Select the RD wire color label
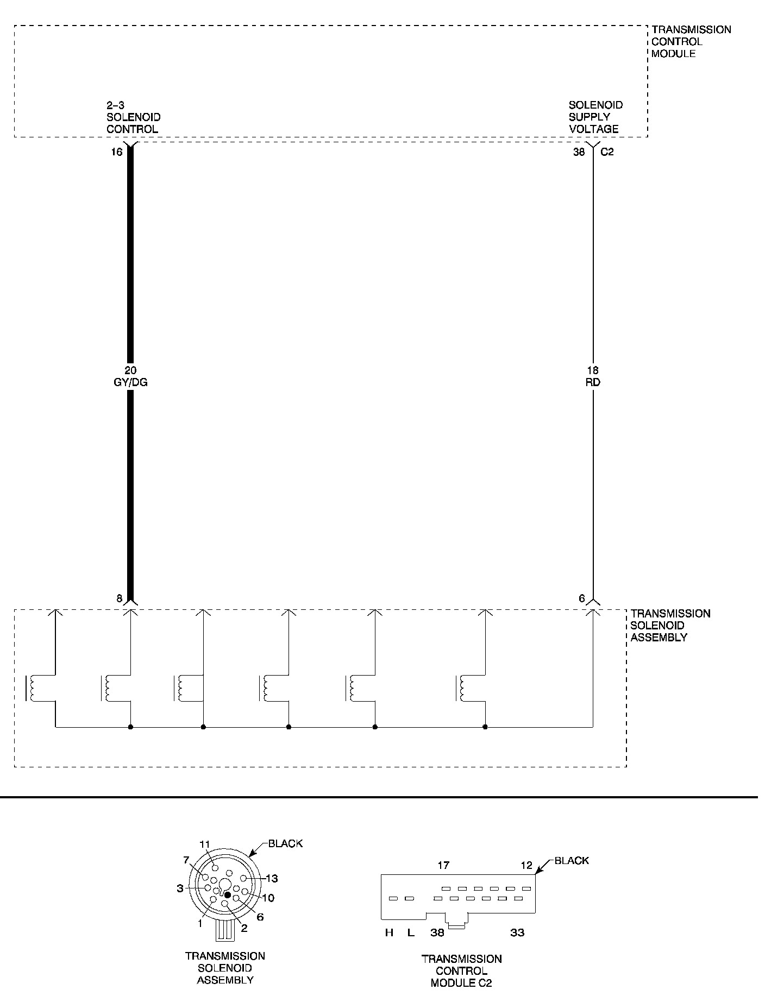[x=593, y=382]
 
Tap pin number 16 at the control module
[x=117, y=152]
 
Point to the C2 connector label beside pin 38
[x=607, y=152]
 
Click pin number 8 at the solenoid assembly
[x=119, y=599]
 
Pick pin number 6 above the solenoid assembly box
[x=582, y=599]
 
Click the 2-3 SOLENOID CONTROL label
[x=133, y=117]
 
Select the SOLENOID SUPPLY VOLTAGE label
[x=595, y=117]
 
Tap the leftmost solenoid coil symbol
[x=31, y=689]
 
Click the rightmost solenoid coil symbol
[x=461, y=689]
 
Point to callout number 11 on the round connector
[x=204, y=844]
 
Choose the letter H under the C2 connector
[x=389, y=933]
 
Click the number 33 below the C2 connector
[x=517, y=933]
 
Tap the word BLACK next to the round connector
[x=285, y=844]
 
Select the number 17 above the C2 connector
[x=443, y=866]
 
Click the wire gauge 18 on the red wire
[x=593, y=371]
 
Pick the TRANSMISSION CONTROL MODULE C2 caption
[x=461, y=971]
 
